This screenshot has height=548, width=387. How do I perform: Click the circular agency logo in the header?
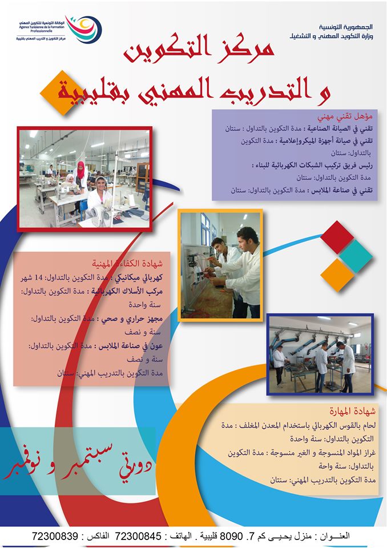click(83, 29)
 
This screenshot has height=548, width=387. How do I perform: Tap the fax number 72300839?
click(55, 536)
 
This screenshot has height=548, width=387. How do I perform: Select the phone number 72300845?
click(138, 536)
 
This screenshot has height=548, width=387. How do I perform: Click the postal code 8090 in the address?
click(229, 536)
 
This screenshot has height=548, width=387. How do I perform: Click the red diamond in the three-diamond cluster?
click(337, 237)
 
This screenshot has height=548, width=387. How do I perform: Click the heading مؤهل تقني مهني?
click(345, 116)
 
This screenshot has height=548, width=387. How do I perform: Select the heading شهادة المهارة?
click(352, 412)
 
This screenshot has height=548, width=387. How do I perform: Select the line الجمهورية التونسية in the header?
click(346, 27)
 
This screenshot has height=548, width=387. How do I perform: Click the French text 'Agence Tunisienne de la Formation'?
click(41, 27)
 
